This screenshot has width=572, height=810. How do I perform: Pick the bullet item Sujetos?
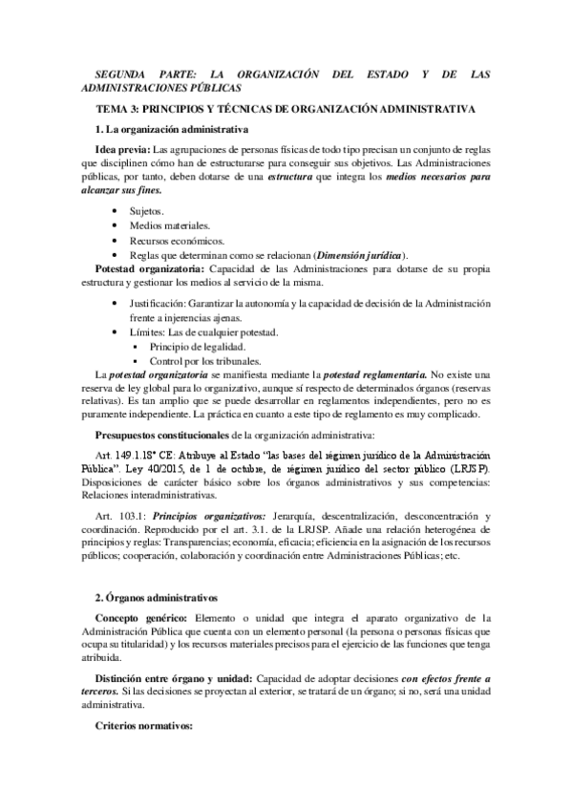[x=146, y=210]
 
